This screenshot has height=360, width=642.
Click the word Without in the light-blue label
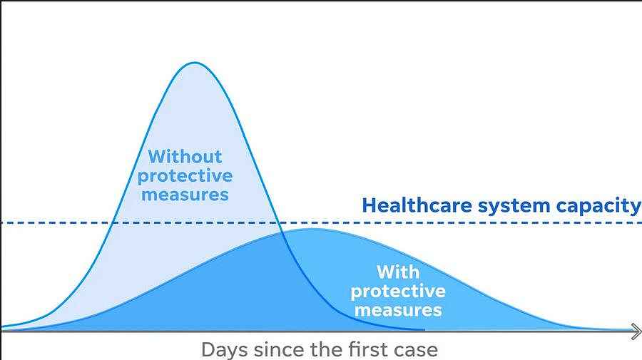[x=185, y=157]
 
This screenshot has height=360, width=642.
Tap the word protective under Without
[x=185, y=177]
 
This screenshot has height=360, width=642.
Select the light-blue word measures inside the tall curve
[x=185, y=195]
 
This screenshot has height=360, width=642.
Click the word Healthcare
[x=417, y=205]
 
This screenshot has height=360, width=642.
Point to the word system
[x=514, y=207]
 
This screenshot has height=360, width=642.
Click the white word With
[x=398, y=272]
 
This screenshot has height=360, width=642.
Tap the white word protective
[x=398, y=292]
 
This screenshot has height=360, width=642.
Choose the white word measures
[x=398, y=310]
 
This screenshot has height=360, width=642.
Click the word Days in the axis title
[x=225, y=350]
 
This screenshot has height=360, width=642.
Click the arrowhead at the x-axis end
[x=636, y=331]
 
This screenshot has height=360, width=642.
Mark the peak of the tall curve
[x=195, y=63]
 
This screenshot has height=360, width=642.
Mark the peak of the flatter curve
[x=311, y=229]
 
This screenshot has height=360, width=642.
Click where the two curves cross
[x=282, y=232]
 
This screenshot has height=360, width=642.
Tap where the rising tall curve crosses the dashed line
[x=113, y=223]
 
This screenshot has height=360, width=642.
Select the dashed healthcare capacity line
[x=321, y=223]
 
